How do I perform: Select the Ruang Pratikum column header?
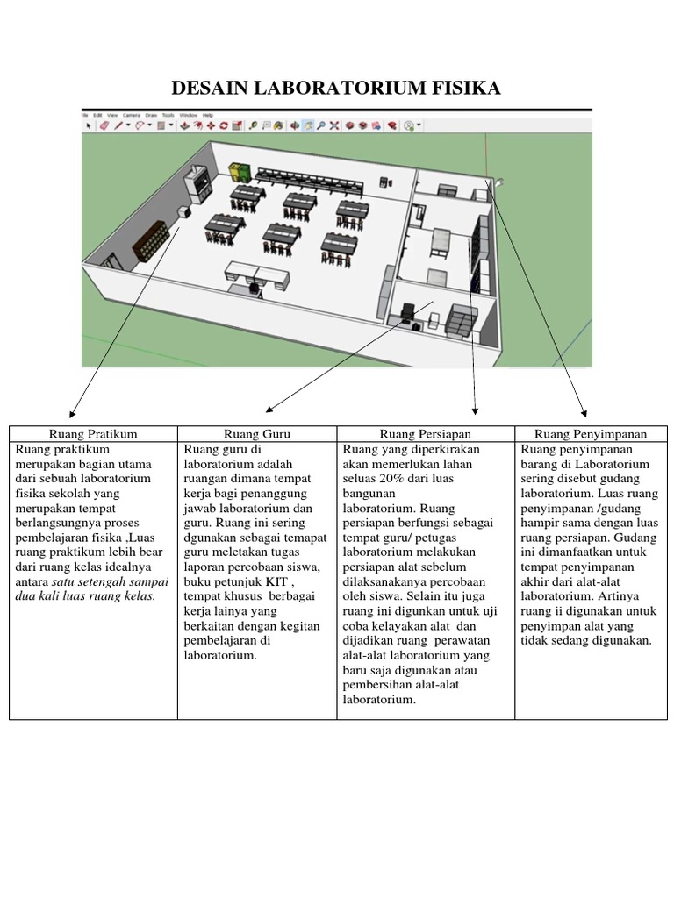(x=93, y=433)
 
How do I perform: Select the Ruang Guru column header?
(x=257, y=433)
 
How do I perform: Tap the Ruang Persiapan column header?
(x=426, y=433)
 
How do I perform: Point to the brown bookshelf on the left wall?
(x=150, y=239)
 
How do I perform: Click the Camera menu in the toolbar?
(x=131, y=115)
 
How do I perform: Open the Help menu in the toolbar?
(x=208, y=115)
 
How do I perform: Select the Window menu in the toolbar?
(x=188, y=115)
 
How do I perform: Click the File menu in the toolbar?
(x=86, y=115)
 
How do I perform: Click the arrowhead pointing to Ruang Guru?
(x=269, y=409)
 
